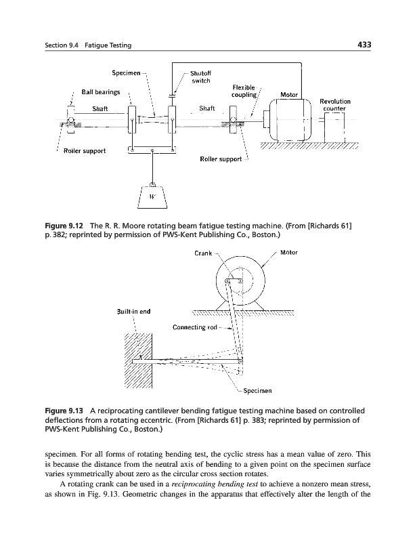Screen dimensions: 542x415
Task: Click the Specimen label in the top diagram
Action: click(x=127, y=72)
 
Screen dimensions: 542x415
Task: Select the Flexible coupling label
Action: click(x=244, y=91)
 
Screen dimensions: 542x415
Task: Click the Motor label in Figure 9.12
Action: click(x=290, y=94)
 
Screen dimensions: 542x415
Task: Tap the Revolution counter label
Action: click(x=334, y=104)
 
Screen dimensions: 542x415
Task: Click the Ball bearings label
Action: click(x=101, y=91)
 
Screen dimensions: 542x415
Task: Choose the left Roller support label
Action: click(x=85, y=151)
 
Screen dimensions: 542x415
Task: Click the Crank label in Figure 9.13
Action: click(x=203, y=254)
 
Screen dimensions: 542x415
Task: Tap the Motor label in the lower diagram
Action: click(x=288, y=253)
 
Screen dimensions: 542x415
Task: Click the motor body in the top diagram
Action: click(x=287, y=119)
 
